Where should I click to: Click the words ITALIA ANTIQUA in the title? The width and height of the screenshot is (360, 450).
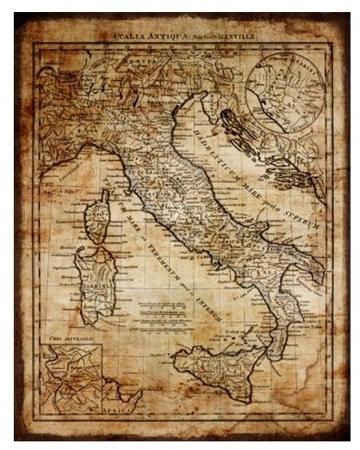coord(142,37)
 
